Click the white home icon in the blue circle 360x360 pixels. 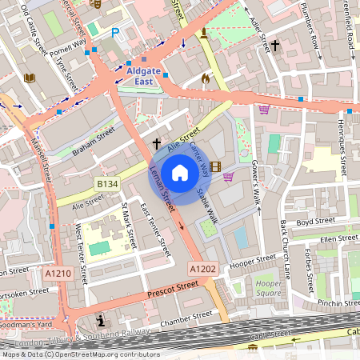(180, 172)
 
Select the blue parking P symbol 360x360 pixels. (115, 33)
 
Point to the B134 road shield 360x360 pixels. (107, 184)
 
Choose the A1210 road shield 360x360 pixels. (58, 274)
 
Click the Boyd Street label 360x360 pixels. (313, 222)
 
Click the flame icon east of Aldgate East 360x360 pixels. (206, 78)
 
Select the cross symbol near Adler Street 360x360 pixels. (274, 46)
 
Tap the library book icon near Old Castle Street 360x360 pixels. (30, 78)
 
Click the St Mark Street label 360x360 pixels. (129, 226)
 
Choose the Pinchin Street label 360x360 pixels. (338, 303)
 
